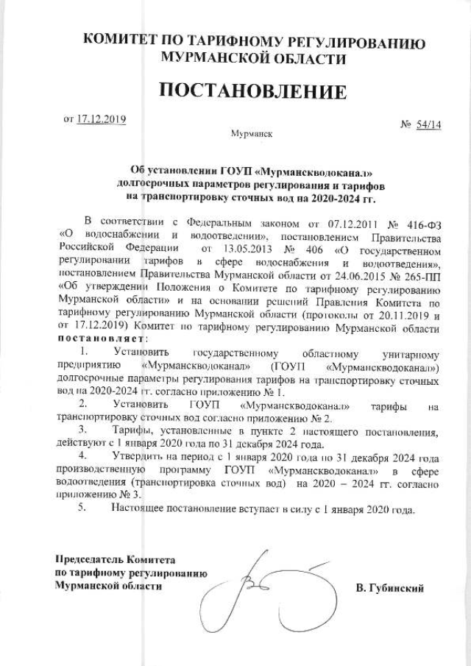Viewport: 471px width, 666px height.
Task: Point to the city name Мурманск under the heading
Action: click(252, 135)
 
